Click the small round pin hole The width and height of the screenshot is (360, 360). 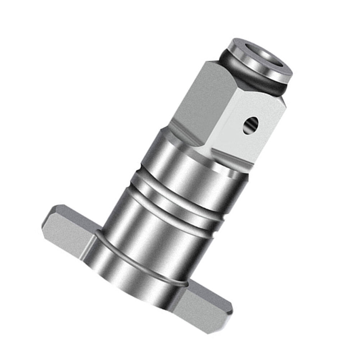[250, 125]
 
